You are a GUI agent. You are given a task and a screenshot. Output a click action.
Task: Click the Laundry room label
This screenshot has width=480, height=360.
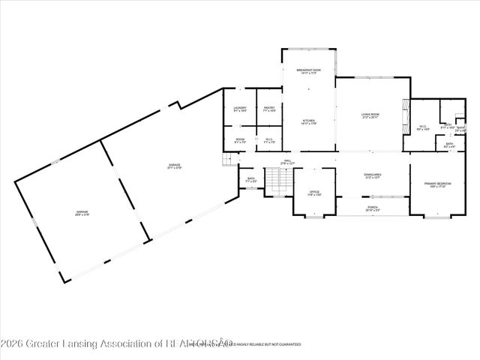[240, 109]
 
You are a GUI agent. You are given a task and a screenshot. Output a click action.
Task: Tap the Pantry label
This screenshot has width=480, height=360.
[269, 109]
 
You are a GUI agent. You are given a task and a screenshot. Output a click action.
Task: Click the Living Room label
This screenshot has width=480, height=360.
[370, 115]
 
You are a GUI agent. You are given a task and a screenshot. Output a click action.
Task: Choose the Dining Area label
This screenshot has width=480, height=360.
[373, 176]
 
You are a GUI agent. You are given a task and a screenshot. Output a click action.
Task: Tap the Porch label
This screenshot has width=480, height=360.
[373, 208]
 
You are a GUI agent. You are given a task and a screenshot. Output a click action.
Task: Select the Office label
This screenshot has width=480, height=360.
[315, 193]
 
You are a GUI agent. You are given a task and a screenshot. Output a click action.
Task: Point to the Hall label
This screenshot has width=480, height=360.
[287, 162]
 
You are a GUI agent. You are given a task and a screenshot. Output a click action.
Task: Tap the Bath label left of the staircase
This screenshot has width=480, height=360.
[251, 180]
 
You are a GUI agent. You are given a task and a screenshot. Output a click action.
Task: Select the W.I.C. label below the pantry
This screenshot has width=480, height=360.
[269, 140]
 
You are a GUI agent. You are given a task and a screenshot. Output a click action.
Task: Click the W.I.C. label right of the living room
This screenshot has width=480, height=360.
[423, 127]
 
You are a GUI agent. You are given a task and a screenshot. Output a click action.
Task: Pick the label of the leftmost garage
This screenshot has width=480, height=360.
[82, 213]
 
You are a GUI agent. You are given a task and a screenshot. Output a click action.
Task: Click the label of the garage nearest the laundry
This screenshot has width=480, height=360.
[174, 166]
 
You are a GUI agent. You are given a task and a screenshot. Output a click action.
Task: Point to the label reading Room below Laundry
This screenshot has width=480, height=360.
[240, 140]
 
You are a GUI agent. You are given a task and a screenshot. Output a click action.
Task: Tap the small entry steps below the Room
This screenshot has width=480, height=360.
[226, 160]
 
